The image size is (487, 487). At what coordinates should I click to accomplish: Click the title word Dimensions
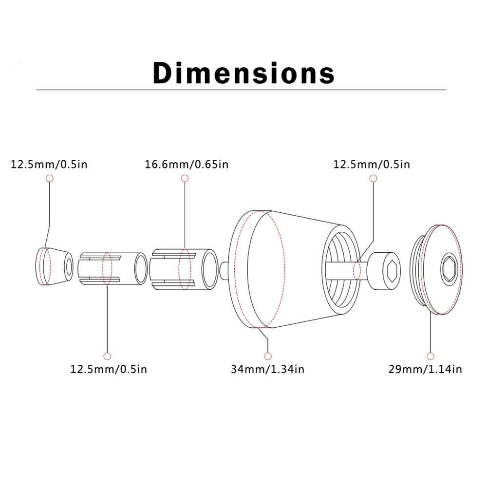tap(243, 73)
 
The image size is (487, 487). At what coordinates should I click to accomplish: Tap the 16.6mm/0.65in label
tap(187, 164)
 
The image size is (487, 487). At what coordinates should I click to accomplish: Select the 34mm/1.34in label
tap(267, 369)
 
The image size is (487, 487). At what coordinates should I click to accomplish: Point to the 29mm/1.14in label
tap(425, 369)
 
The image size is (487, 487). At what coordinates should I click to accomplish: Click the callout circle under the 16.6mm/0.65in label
tap(185, 178)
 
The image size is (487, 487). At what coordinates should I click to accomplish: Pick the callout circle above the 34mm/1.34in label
tap(268, 356)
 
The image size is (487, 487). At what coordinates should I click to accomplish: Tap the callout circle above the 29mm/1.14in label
tap(431, 356)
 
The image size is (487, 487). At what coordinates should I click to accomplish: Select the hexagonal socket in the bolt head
tap(392, 271)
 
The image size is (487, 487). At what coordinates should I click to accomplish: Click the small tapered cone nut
tap(55, 266)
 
